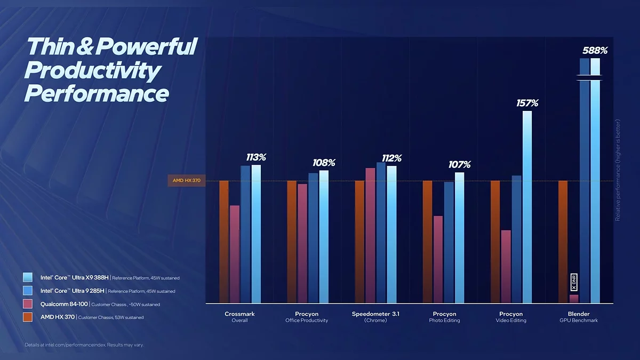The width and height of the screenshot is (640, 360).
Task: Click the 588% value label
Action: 595,51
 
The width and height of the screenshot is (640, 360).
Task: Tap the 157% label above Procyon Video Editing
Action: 527,103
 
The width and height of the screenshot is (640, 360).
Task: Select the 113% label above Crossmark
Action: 256,157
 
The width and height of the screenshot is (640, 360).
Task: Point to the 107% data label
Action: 459,165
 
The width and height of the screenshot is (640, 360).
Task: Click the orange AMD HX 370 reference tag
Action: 187,181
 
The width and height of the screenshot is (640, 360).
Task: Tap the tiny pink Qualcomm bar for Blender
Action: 574,299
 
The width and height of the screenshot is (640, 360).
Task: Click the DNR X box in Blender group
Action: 574,282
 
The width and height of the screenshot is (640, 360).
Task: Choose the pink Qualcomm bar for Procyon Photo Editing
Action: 438,259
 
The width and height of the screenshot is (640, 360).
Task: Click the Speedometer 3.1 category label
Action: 375,314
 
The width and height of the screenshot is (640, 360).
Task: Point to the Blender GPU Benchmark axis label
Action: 579,317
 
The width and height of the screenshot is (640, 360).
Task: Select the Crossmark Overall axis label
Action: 239,317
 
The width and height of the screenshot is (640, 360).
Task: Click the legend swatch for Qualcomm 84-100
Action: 28,304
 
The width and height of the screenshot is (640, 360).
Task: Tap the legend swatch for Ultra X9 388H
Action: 28,277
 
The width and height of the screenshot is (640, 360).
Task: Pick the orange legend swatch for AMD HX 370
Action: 28,317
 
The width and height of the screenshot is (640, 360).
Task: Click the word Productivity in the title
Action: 92,71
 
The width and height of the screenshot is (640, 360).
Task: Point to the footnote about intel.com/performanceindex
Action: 84,345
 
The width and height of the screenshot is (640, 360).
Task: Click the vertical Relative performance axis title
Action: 618,170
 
